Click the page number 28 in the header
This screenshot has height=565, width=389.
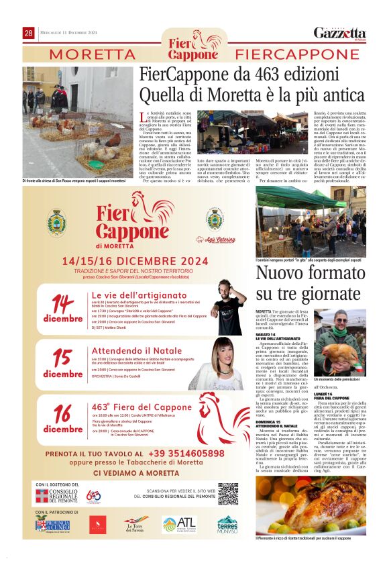pyautogui.click(x=29, y=33)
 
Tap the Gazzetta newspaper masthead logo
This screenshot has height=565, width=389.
pyautogui.click(x=340, y=33)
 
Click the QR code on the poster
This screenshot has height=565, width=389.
pyautogui.click(x=227, y=494)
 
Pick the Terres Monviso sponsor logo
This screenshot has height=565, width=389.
pyautogui.click(x=227, y=523)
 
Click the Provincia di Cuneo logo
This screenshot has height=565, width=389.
pyautogui.click(x=52, y=525)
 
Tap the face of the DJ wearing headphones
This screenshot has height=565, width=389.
pyautogui.click(x=230, y=301)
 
